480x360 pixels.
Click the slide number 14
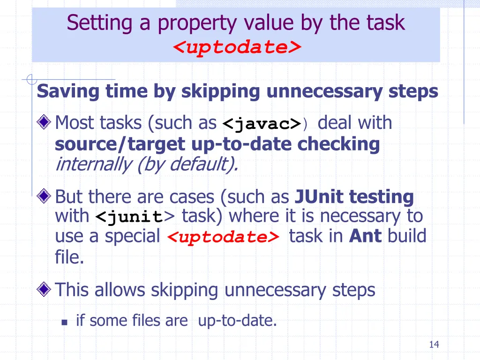pos(434,345)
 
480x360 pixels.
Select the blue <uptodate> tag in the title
pos(237,47)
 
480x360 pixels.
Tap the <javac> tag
pos(262,124)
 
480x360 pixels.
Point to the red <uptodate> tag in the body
pos(223,237)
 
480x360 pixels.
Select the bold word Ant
pos(366,236)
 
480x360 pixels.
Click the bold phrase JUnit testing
pos(354,197)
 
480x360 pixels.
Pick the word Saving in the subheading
pos(68,91)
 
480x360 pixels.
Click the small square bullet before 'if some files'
pos(65,322)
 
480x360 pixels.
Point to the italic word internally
pos(94,164)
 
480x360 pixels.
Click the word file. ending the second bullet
pos(69,257)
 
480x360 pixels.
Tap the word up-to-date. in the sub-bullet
pos(237,321)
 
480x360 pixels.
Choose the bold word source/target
pos(120,144)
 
